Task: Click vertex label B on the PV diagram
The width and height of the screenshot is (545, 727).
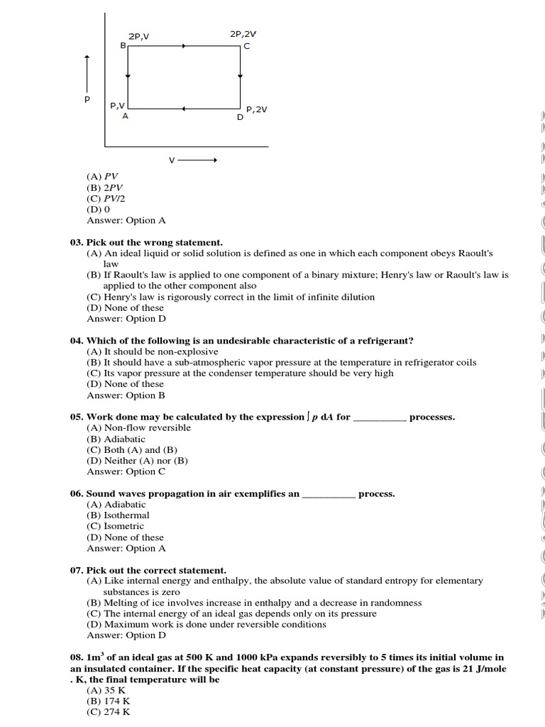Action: click(x=123, y=45)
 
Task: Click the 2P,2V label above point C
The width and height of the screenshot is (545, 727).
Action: click(x=243, y=33)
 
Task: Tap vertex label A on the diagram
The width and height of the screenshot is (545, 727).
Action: click(x=125, y=116)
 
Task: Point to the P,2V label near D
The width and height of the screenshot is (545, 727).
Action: click(x=257, y=109)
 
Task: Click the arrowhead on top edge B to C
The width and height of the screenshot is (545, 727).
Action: click(x=185, y=46)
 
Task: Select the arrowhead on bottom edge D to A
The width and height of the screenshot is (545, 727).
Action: click(x=183, y=109)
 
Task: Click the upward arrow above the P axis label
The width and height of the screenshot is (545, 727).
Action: click(x=87, y=70)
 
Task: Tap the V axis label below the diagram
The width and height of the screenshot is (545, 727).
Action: click(x=172, y=160)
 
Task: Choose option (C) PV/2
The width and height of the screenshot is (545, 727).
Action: click(x=106, y=199)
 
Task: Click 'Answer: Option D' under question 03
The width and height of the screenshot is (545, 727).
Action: click(x=126, y=319)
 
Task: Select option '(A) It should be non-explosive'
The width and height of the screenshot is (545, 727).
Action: click(x=153, y=351)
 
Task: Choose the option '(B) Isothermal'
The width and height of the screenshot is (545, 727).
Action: click(x=119, y=515)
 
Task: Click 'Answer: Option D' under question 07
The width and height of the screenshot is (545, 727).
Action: click(x=126, y=635)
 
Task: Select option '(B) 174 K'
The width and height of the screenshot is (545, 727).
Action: click(x=106, y=701)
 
